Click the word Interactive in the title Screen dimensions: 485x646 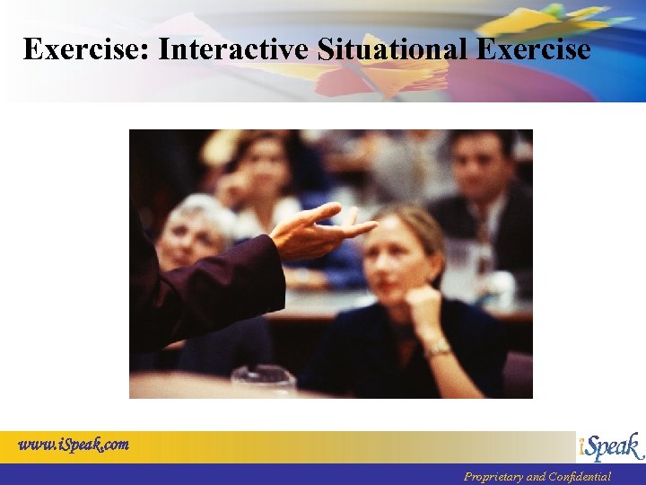[x=234, y=48]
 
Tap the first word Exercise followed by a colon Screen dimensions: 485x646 [x=86, y=48]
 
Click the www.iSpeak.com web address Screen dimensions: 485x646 [x=74, y=444]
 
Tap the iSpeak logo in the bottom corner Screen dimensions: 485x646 [x=610, y=446]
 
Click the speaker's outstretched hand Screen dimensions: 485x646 [x=319, y=233]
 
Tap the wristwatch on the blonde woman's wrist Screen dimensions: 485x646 [x=438, y=348]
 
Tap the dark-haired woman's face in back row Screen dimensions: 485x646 [x=260, y=170]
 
